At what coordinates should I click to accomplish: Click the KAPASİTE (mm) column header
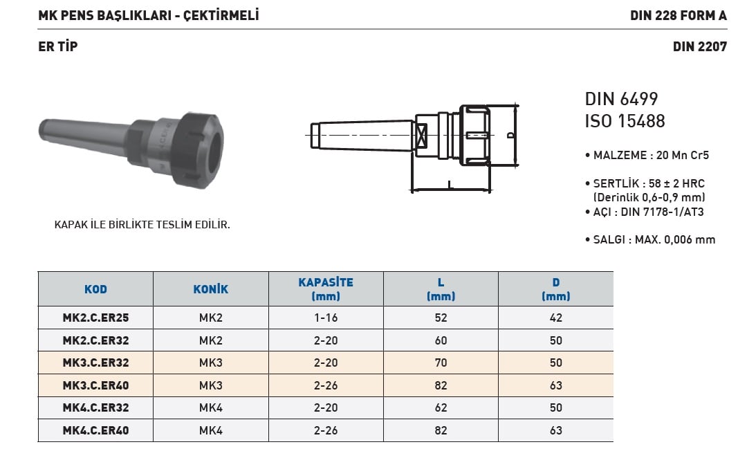coord(326,289)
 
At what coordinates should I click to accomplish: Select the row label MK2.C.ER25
coord(95,318)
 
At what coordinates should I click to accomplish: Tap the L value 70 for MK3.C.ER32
coord(441,363)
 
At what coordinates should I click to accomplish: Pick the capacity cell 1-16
coord(326,318)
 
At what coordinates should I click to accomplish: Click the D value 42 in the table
coord(556,318)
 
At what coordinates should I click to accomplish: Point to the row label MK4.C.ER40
coord(95,430)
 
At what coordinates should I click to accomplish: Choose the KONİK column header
coord(210,289)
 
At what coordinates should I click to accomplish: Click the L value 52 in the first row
coord(441,318)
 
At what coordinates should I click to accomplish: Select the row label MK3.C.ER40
coord(95,385)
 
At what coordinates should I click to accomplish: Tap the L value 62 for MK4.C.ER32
coord(441,407)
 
